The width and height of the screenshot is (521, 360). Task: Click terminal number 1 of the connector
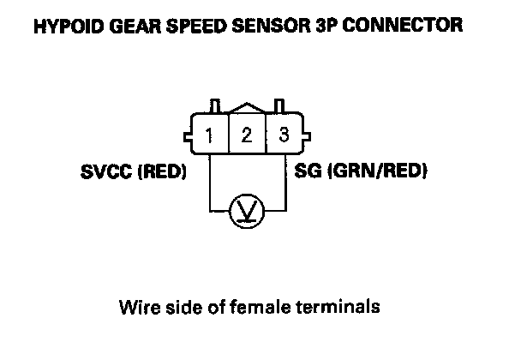click(x=209, y=135)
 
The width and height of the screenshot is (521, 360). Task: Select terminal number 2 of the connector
click(x=246, y=135)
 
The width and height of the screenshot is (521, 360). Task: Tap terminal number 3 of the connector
click(x=284, y=135)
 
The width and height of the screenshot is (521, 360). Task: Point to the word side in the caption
click(x=185, y=305)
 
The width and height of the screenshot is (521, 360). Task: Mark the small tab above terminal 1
click(x=215, y=105)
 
